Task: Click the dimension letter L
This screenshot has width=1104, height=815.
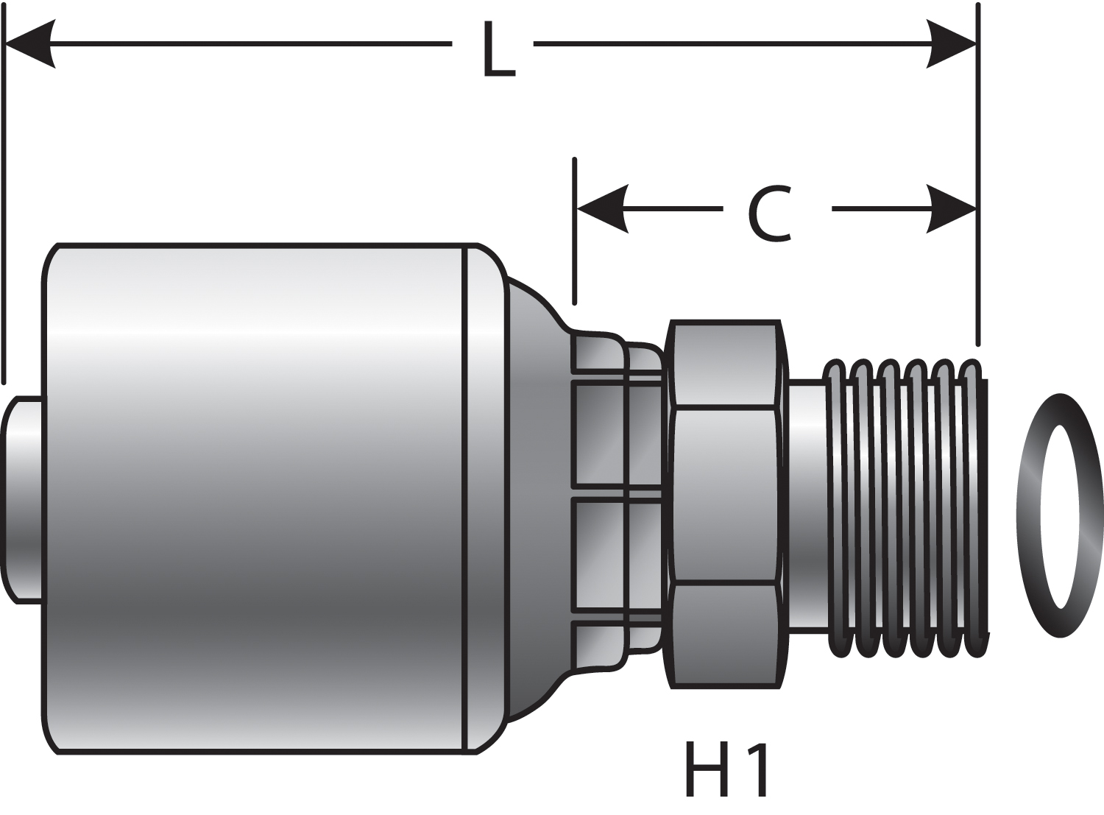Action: [x=498, y=49]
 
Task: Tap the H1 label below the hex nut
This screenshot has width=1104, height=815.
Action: [x=726, y=770]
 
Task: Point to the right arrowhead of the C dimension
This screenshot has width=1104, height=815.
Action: [x=952, y=209]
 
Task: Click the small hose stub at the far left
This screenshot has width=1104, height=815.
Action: [x=22, y=501]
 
